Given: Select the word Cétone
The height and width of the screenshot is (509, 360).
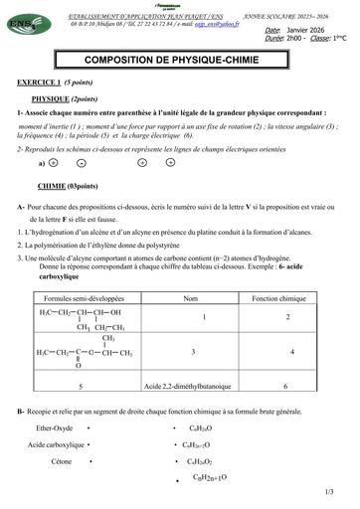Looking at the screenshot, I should (x=61, y=461).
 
